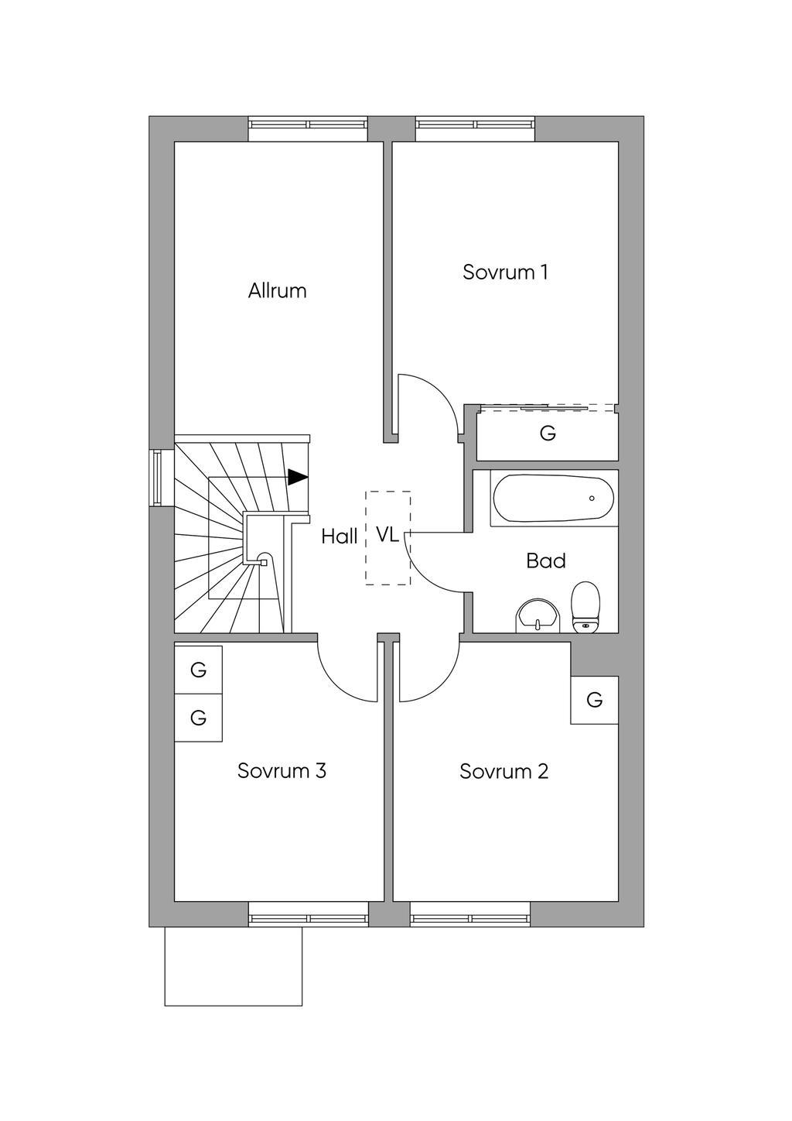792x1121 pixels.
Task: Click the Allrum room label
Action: [277, 291]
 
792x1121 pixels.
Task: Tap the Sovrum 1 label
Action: [505, 273]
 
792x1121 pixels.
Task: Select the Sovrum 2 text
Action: [504, 771]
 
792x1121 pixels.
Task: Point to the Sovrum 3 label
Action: [282, 771]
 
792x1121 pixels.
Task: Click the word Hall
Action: [340, 536]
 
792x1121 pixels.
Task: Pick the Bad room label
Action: [545, 560]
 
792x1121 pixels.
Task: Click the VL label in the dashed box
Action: [387, 534]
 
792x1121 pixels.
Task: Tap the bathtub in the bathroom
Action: [554, 499]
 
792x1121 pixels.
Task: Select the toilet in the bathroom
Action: [585, 607]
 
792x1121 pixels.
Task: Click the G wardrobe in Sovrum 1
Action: [548, 434]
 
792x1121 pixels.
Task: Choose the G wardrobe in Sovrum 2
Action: [594, 700]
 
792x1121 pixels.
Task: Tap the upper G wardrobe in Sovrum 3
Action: [198, 670]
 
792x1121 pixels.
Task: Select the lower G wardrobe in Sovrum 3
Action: [198, 718]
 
